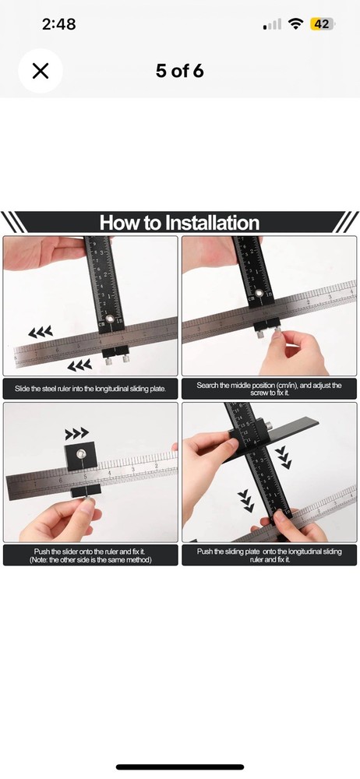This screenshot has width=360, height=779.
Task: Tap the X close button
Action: [x=41, y=71]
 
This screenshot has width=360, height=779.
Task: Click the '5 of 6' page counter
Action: [x=179, y=71]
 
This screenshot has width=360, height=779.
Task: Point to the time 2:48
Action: [x=58, y=24]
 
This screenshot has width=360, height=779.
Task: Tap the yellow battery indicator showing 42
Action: [x=321, y=24]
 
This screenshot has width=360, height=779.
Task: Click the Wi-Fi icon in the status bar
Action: [x=295, y=24]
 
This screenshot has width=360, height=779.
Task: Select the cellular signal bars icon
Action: [x=273, y=25]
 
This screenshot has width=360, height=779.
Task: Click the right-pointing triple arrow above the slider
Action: [x=76, y=432]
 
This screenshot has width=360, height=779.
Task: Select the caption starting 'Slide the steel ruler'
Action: [x=90, y=388]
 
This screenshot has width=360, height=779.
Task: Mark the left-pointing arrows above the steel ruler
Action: [x=41, y=332]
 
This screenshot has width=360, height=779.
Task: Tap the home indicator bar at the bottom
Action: [x=180, y=767]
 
